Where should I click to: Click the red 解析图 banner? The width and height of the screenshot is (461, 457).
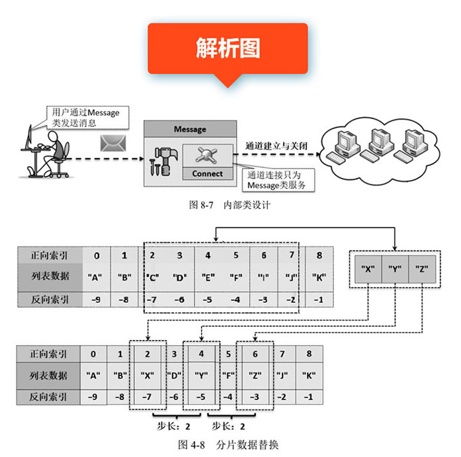point(228,48)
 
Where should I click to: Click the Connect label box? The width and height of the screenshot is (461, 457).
point(207,174)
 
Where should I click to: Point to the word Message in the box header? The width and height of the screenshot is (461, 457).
point(190,130)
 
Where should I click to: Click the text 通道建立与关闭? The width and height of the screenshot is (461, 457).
point(271,145)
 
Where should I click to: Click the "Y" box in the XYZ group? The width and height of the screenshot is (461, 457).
point(395,269)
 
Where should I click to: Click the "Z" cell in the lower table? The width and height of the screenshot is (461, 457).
point(254,374)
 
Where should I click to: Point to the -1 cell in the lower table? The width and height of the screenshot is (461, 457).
point(308,397)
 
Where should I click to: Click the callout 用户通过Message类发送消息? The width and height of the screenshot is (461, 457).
point(85,117)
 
